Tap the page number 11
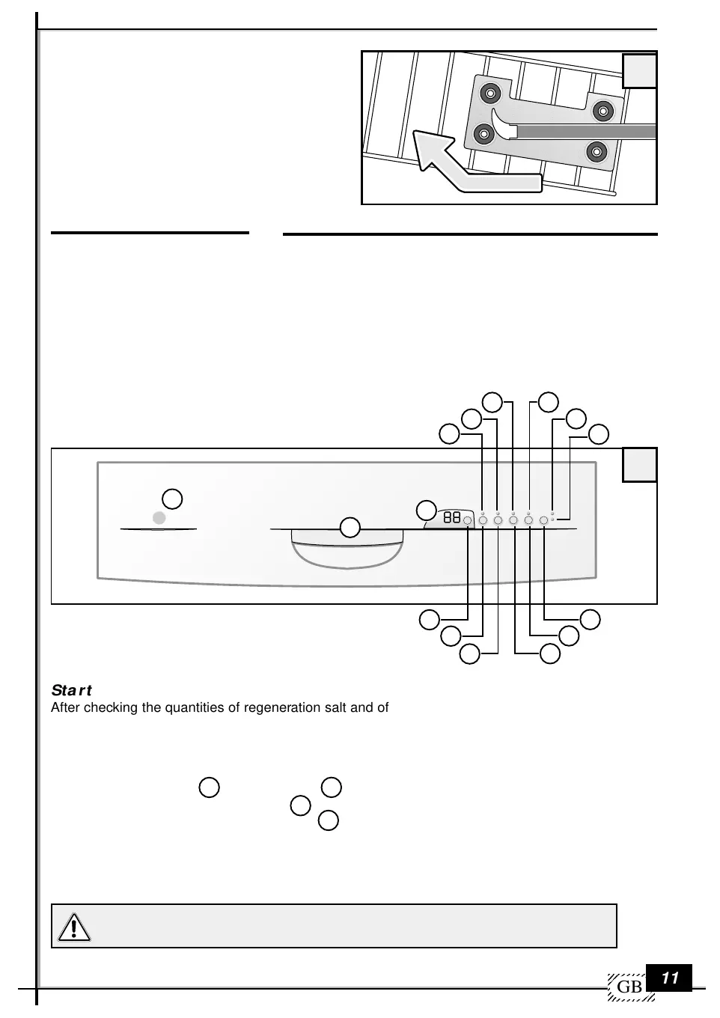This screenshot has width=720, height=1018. click(670, 978)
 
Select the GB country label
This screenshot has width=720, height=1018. click(629, 987)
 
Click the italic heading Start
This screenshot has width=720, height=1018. click(71, 690)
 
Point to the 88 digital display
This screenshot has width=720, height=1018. click(451, 517)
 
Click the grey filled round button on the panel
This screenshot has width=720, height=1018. click(159, 518)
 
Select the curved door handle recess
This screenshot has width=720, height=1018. click(347, 549)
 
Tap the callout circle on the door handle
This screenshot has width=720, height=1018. click(350, 528)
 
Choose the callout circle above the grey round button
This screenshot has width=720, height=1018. click(172, 499)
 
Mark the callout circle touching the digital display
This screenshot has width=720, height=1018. click(427, 510)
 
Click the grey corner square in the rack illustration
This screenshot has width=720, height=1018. click(639, 71)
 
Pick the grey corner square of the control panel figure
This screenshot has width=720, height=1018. click(639, 465)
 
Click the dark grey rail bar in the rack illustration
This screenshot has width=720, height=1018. click(586, 132)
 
